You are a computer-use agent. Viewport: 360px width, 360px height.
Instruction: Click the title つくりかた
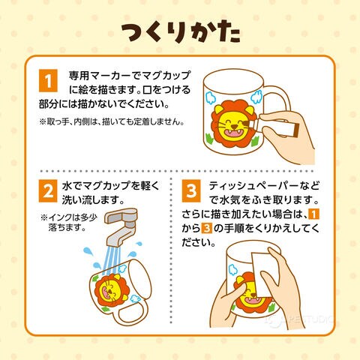pyautogui.click(x=181, y=33)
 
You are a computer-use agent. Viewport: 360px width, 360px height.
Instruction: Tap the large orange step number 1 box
pyautogui.click(x=48, y=81)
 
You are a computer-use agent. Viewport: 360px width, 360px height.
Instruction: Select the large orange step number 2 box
pyautogui.click(x=48, y=190)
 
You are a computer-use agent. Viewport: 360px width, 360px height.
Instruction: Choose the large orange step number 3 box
pyautogui.click(x=191, y=190)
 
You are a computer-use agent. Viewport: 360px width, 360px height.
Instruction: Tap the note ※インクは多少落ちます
pyautogui.click(x=69, y=222)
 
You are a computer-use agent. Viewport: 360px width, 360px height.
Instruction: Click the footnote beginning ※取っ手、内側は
pyautogui.click(x=112, y=121)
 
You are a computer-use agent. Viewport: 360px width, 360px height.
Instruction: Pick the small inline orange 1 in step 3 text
pyautogui.click(x=314, y=214)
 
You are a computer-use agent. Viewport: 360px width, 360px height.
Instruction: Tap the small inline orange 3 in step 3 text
pyautogui.click(x=206, y=228)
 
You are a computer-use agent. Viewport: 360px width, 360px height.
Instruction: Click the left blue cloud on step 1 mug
pyautogui.click(x=211, y=97)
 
